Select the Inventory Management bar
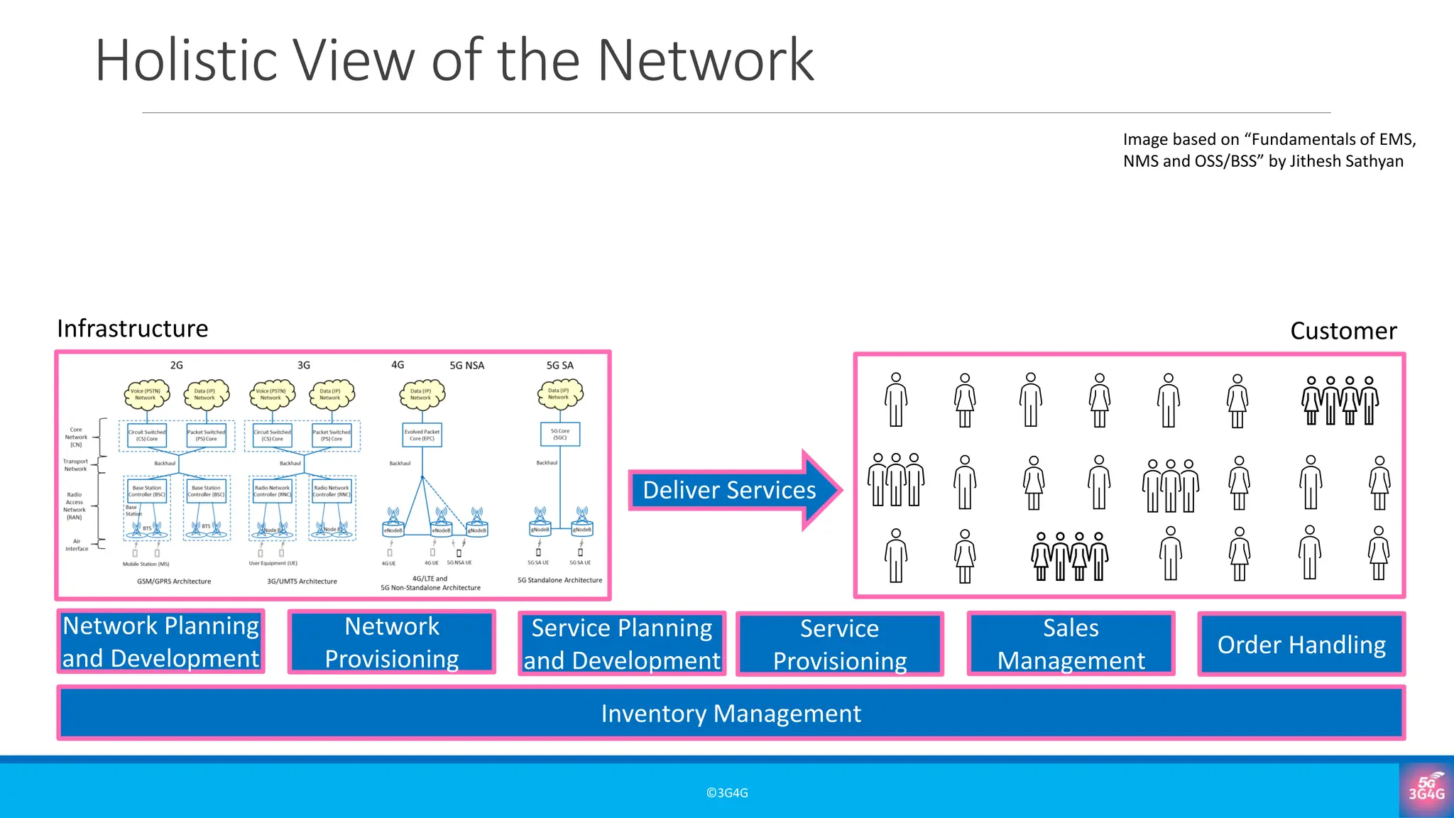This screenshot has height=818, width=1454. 731,713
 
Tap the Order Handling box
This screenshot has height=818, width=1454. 1301,644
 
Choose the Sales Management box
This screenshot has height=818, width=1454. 1071,644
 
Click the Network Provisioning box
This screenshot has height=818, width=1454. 392,643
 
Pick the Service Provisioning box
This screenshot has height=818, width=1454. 840,644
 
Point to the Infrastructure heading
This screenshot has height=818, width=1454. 133,329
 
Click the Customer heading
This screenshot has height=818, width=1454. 1343,331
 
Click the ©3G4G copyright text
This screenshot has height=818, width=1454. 727,793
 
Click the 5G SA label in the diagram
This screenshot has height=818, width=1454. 559,365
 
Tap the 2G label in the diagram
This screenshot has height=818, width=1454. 176,365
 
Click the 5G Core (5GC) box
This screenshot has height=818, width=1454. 560,435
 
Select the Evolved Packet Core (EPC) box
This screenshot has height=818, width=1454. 422,435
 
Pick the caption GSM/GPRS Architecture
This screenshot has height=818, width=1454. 174,581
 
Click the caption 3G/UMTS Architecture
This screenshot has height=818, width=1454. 302,581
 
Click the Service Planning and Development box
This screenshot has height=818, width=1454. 622,644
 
